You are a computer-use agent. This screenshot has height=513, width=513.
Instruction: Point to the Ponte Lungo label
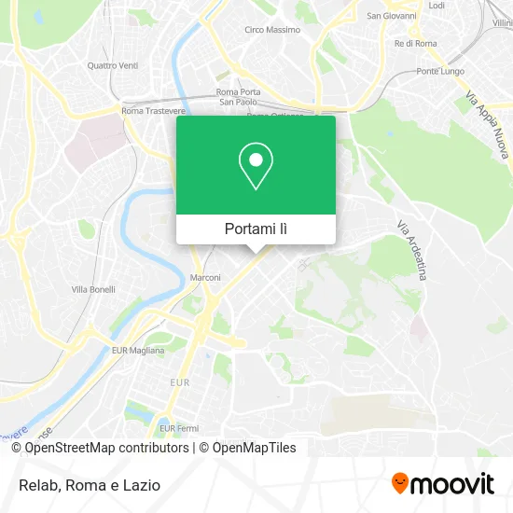coord(440,72)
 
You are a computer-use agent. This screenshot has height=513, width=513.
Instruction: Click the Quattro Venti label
coord(112,65)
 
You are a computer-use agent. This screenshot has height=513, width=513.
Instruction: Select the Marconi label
coord(205,278)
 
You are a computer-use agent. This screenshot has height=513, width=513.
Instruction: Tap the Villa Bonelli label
coord(93,289)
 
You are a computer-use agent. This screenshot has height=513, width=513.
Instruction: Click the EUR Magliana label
coord(137,350)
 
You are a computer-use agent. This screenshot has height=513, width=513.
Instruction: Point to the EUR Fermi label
coord(178,428)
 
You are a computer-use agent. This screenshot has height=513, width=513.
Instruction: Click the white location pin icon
coord(256,165)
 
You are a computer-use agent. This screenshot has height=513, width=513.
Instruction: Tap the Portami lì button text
coord(256,229)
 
